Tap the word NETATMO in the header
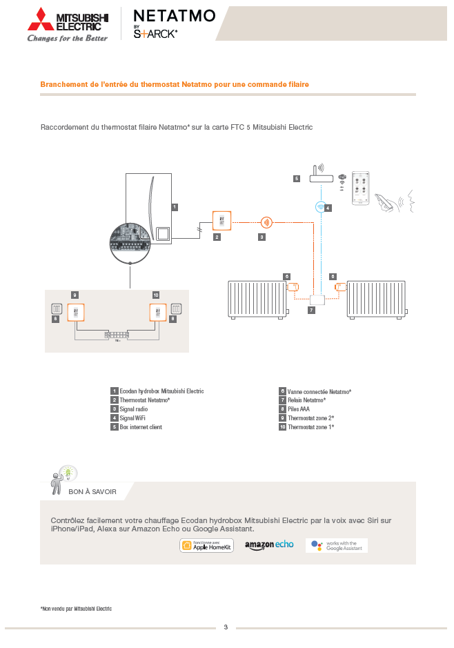coord(174,16)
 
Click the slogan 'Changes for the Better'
coord(68,39)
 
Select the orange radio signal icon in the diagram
coord(266,222)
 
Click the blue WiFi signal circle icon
coord(321,206)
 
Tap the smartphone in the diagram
coord(360,188)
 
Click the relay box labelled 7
coord(317,300)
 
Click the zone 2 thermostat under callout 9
coord(75,313)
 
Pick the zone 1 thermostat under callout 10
coord(158,313)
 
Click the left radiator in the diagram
coord(256,298)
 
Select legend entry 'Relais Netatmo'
coord(306,400)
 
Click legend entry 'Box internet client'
coord(140,427)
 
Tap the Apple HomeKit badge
coord(207,545)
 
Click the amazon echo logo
coord(269,545)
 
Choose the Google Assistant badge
coord(337,545)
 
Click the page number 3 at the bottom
coord(226,627)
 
